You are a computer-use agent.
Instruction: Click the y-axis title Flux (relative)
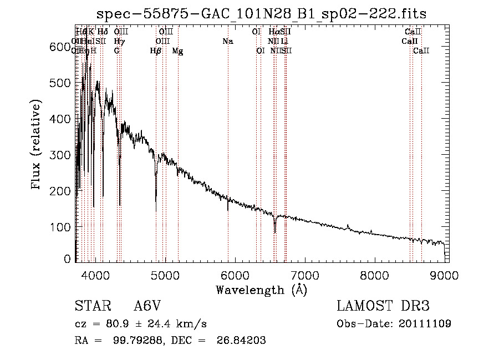(37, 145)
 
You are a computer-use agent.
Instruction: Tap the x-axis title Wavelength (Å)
(261, 290)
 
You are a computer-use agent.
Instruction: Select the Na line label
(228, 41)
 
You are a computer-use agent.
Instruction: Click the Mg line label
(177, 51)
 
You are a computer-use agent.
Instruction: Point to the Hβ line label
(156, 51)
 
